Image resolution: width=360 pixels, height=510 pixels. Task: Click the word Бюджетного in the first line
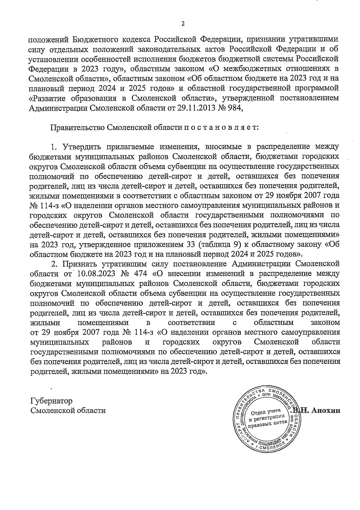click(97, 39)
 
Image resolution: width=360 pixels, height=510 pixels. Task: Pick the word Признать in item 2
click(79, 264)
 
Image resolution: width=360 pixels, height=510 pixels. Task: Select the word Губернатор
click(51, 401)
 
